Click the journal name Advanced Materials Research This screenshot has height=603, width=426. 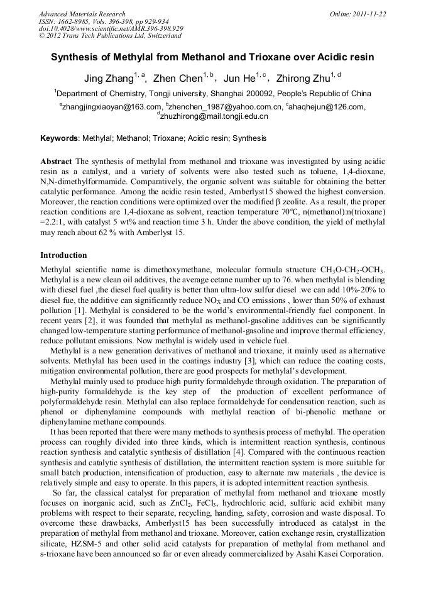point(82,14)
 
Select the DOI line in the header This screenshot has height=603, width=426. point(111,28)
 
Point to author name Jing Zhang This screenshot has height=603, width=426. point(108,79)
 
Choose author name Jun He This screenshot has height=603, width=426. point(239,79)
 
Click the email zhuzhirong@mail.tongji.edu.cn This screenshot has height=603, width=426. point(214,116)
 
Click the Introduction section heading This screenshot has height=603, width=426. point(63,255)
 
